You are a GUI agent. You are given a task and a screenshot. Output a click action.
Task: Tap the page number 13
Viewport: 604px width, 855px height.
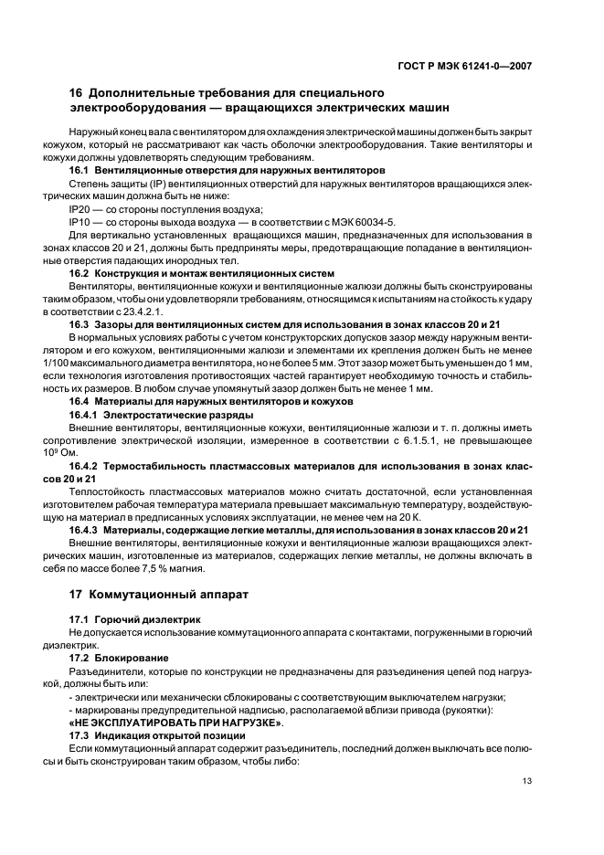[x=527, y=780]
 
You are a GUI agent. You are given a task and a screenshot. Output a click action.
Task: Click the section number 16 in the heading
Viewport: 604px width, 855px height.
[x=77, y=93]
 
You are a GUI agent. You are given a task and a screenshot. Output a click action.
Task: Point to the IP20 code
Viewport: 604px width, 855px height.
[x=80, y=208]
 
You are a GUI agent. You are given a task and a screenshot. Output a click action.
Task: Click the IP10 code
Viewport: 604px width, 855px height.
[x=80, y=221]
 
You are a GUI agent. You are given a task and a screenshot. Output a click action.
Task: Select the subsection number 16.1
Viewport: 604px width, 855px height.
[x=81, y=171]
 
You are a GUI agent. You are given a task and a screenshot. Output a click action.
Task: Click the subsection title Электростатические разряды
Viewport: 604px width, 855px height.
[x=177, y=414]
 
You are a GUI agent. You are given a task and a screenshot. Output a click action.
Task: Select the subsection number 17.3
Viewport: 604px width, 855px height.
[x=81, y=735]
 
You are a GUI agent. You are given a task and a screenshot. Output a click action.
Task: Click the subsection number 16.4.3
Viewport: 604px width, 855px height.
[x=87, y=529]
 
